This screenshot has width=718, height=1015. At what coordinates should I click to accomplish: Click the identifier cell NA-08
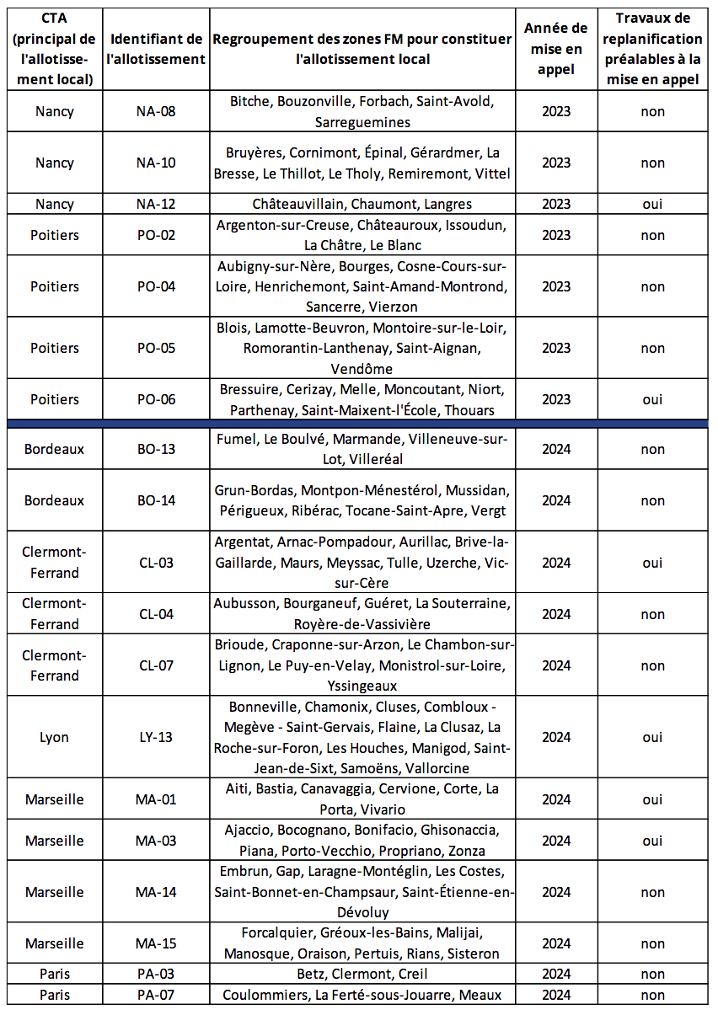click(x=156, y=111)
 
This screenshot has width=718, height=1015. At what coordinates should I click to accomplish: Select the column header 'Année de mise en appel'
click(x=555, y=49)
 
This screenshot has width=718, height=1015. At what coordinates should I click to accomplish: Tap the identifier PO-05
click(x=156, y=348)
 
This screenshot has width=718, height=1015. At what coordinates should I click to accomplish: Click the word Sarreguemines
click(x=362, y=122)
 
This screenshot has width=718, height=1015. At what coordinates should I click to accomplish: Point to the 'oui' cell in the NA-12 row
click(x=652, y=204)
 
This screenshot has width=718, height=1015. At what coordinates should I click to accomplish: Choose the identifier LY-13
click(x=156, y=737)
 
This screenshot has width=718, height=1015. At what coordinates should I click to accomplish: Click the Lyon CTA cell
click(x=55, y=737)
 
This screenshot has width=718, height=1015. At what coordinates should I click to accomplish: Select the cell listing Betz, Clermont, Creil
click(x=362, y=974)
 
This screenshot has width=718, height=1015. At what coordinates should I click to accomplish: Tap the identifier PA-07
click(x=156, y=995)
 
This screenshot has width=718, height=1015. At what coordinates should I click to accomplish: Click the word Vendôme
click(x=362, y=369)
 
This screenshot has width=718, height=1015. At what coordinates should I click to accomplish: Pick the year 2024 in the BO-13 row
click(x=555, y=449)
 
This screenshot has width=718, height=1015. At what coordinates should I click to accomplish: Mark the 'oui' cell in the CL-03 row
click(x=652, y=563)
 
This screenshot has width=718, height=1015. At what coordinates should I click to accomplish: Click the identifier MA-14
click(x=156, y=892)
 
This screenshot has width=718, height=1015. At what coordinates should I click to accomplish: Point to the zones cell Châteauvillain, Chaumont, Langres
click(x=362, y=204)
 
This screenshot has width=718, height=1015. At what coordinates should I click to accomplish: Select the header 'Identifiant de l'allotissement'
click(x=156, y=49)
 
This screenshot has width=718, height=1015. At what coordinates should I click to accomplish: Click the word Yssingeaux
click(x=362, y=686)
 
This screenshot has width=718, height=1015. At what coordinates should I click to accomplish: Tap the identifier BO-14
click(x=156, y=500)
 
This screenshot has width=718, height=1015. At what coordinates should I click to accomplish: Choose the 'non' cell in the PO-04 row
click(x=652, y=286)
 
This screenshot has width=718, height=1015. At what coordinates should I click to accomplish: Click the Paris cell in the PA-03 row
click(x=55, y=974)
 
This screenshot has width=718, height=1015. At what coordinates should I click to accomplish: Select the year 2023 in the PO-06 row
click(x=555, y=399)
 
